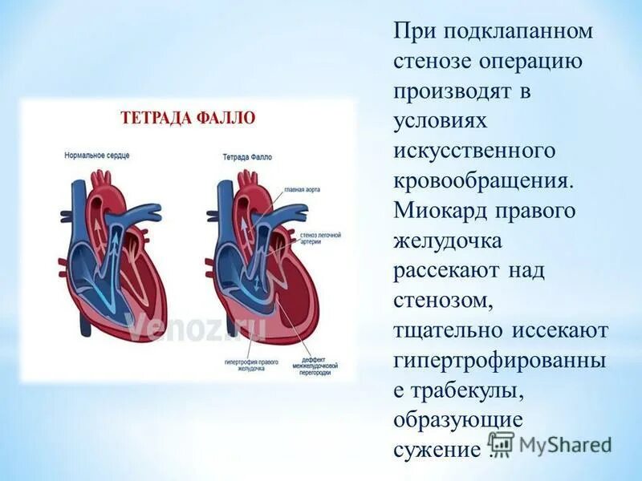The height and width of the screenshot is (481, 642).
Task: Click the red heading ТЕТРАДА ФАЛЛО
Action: click(x=188, y=118)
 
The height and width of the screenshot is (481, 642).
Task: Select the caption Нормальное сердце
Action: click(x=96, y=153)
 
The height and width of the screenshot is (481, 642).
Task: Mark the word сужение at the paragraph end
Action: click(x=438, y=449)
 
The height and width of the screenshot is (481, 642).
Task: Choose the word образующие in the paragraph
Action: click(x=458, y=419)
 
